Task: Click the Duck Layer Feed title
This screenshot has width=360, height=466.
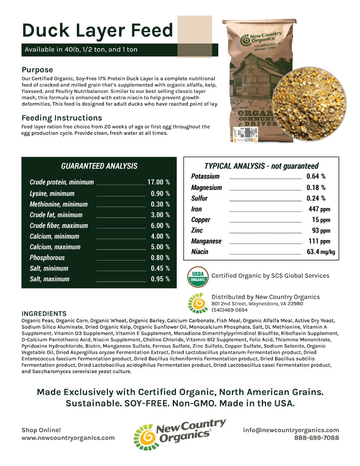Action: pyautogui.click(x=97, y=30)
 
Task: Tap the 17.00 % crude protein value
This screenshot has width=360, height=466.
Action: pyautogui.click(x=158, y=182)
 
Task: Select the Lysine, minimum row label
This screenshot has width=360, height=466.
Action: pyautogui.click(x=52, y=193)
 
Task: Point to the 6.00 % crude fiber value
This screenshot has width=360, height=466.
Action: pyautogui.click(x=160, y=226)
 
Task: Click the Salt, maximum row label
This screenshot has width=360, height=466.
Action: pyautogui.click(x=50, y=279)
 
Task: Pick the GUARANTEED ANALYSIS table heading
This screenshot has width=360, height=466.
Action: pyautogui.click(x=99, y=166)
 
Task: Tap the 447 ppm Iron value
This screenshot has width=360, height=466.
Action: pyautogui.click(x=319, y=209)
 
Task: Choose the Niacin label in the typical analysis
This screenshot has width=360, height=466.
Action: pyautogui.click(x=200, y=252)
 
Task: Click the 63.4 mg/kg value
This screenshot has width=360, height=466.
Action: pyautogui.click(x=320, y=252)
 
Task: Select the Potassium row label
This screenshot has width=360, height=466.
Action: pyautogui.click(x=205, y=176)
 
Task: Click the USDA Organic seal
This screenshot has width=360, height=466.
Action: pyautogui.click(x=198, y=276)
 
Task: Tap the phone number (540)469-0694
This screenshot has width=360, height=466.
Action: pyautogui.click(x=230, y=310)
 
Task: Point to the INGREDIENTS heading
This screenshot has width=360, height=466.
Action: pyautogui.click(x=44, y=313)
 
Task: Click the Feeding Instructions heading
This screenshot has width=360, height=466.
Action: pyautogui.click(x=62, y=118)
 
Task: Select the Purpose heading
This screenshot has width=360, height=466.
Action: pyautogui.click(x=37, y=70)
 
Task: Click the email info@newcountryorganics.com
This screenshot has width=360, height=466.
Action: pyautogui.click(x=291, y=430)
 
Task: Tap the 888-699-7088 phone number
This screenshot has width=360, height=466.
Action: pyautogui.click(x=317, y=438)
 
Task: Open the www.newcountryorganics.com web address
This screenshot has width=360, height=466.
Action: pyautogui.click(x=68, y=438)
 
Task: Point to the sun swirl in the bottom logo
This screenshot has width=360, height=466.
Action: pyautogui.click(x=145, y=437)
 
